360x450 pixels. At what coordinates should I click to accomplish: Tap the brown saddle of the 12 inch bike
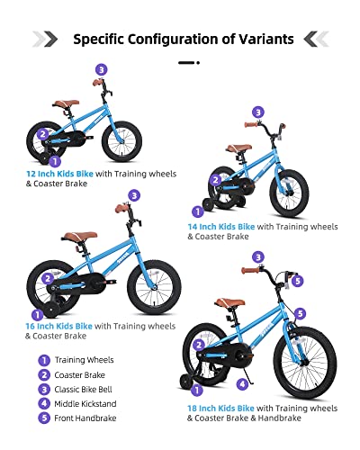65,104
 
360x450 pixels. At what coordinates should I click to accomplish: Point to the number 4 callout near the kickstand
241,383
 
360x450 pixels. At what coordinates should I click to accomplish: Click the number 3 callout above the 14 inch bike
258,112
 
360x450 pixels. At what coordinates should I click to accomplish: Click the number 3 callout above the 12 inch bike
102,69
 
